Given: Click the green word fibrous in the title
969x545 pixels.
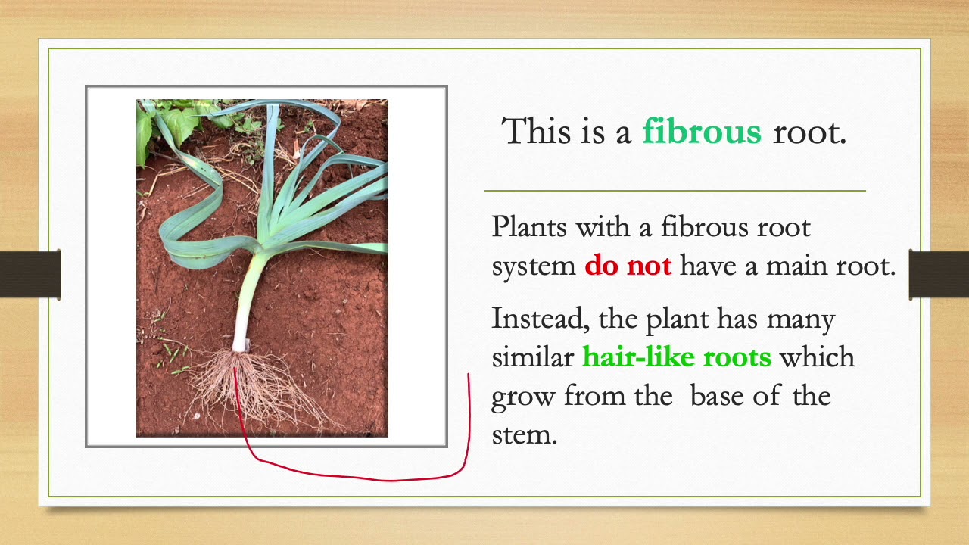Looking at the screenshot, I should tap(701, 132).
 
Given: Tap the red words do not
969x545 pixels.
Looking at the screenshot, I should tap(628, 267).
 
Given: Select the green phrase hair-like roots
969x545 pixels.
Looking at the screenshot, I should tap(676, 357).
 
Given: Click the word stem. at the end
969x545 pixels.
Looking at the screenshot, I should tap(524, 435).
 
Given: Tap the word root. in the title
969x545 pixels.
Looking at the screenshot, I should tap(809, 132).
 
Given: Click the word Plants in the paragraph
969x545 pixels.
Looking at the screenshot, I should tap(528, 226).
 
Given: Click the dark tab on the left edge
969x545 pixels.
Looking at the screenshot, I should tap(30, 274).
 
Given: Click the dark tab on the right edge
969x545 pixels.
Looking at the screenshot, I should tap(939, 274).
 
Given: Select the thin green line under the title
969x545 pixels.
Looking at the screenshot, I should tap(674, 191).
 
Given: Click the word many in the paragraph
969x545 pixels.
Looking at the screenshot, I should tap(800, 319).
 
